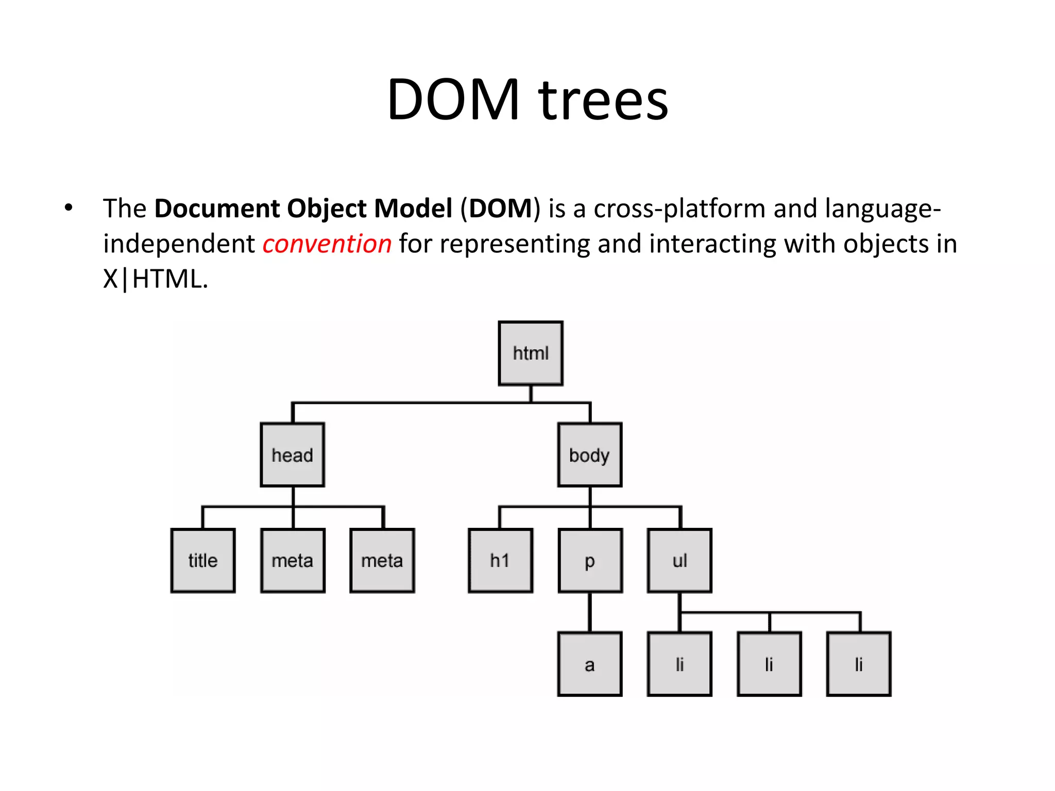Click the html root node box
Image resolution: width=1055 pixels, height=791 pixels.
pyautogui.click(x=531, y=353)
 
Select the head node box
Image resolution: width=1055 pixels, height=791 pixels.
pyautogui.click(x=293, y=455)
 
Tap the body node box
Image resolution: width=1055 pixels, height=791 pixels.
pyautogui.click(x=590, y=455)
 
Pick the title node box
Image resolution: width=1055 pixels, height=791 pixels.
pyautogui.click(x=203, y=560)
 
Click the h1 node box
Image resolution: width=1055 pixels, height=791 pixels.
pyautogui.click(x=500, y=560)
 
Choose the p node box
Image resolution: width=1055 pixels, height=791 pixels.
pyautogui.click(x=590, y=560)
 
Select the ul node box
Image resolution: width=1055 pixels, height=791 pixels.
pyautogui.click(x=679, y=560)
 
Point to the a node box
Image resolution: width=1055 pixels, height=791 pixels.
pyautogui.click(x=590, y=664)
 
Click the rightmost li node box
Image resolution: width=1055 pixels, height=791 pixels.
pyautogui.click(x=859, y=664)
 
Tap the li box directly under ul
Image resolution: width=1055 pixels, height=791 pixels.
pyautogui.click(x=679, y=664)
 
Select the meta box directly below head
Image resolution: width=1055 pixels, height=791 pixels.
pyautogui.click(x=293, y=560)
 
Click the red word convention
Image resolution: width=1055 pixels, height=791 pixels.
pyautogui.click(x=327, y=244)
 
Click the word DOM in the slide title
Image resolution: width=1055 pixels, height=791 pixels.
pyautogui.click(x=453, y=99)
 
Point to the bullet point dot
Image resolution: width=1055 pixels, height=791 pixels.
pyautogui.click(x=69, y=208)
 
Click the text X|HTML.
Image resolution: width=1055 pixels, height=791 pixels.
pyautogui.click(x=155, y=279)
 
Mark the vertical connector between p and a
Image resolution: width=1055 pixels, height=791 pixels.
pyautogui.click(x=590, y=612)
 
